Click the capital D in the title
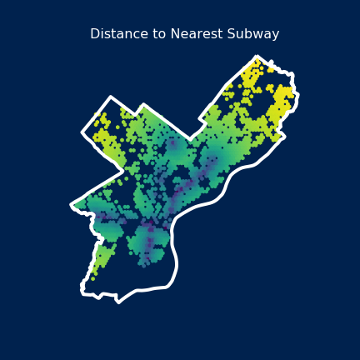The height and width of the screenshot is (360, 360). [x=94, y=34]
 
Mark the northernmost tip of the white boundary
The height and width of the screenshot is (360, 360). [x=257, y=57]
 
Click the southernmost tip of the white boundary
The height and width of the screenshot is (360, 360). [x=118, y=302]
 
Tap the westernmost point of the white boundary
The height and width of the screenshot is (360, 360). [x=72, y=203]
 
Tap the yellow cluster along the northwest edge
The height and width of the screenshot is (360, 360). [x=107, y=142]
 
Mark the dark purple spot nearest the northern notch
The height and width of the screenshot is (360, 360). [x=175, y=150]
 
